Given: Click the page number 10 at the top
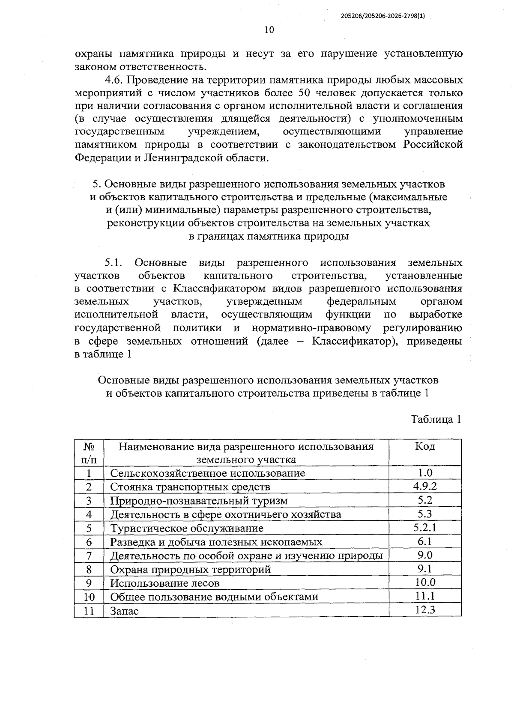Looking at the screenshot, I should [269, 30].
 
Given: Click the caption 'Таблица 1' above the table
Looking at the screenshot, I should [436, 419].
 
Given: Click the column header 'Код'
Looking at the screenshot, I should [425, 447].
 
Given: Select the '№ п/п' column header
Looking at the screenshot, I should [89, 453].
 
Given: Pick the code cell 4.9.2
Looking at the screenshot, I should [425, 486].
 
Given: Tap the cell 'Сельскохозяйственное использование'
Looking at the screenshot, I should [208, 473].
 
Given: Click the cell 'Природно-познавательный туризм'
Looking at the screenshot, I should [199, 500].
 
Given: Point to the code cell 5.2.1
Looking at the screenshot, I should [425, 527].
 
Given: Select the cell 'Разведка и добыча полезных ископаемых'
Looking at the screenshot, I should [216, 542].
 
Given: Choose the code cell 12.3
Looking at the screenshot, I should [425, 609].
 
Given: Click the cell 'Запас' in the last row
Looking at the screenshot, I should [124, 611].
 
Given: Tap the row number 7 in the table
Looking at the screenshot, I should [89, 556].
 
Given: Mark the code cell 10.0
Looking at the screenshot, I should [425, 582].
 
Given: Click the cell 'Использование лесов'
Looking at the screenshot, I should [165, 583].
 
